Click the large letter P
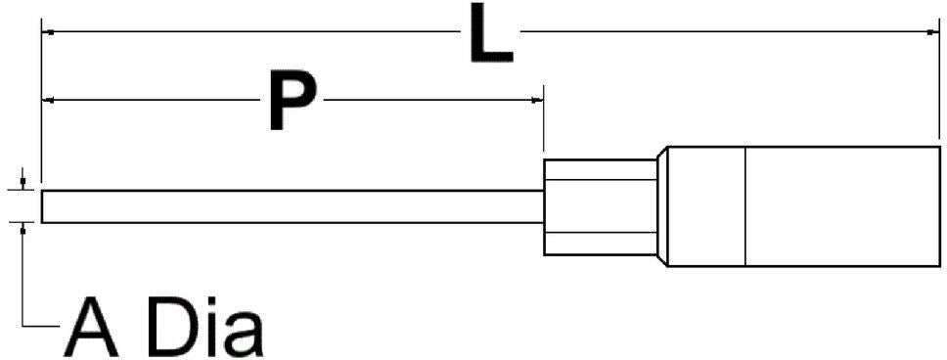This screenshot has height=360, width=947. pyautogui.click(x=292, y=101)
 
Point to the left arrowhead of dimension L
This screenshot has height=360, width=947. pyautogui.click(x=46, y=31)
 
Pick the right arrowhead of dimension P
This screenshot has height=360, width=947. pyautogui.click(x=538, y=100)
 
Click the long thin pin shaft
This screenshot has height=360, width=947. pyautogui.click(x=293, y=206)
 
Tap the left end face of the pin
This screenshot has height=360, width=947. pyautogui.click(x=42, y=206)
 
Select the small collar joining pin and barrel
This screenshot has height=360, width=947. pyautogui.click(x=599, y=206)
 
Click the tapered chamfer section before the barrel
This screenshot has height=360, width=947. pyautogui.click(x=661, y=206)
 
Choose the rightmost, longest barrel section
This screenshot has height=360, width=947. pyautogui.click(x=841, y=206)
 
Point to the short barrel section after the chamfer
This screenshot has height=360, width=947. pyautogui.click(x=706, y=206)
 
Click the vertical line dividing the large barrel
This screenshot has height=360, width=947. pyautogui.click(x=745, y=206)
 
